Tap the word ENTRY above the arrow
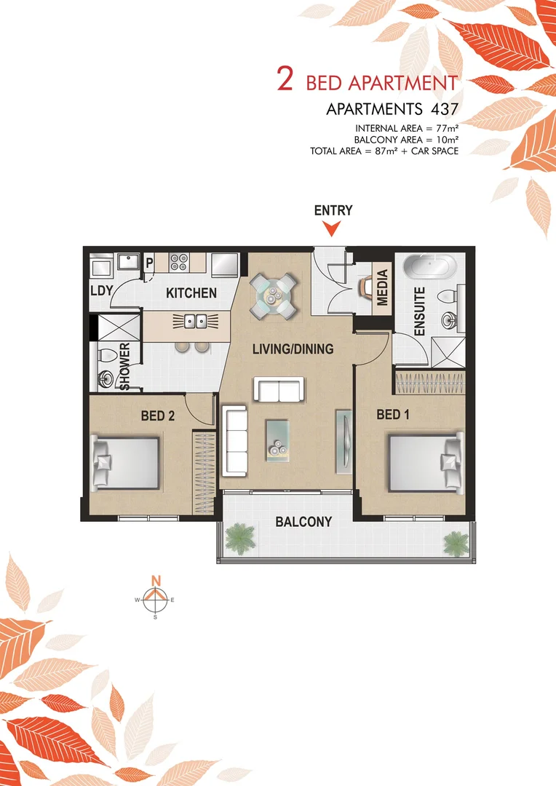[333, 210]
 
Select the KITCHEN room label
[191, 293]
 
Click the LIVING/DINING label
[293, 349]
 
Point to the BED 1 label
[392, 414]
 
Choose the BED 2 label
[158, 416]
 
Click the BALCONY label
[303, 522]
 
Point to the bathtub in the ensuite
[429, 267]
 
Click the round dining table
[274, 295]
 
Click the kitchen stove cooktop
[179, 263]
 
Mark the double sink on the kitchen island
[194, 321]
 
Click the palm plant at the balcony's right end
[456, 541]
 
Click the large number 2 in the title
[285, 80]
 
